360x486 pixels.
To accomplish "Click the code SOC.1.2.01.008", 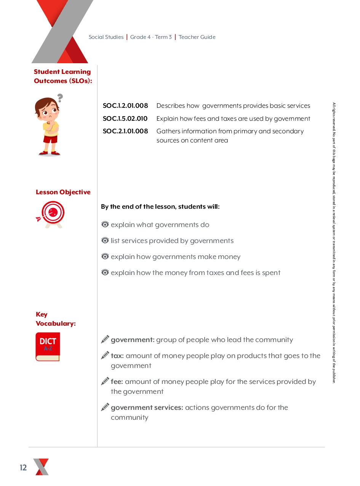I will [125, 106].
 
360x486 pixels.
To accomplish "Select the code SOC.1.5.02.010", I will [125, 119].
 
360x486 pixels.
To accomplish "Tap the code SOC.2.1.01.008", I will [125, 131].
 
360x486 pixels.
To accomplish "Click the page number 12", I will [24, 468].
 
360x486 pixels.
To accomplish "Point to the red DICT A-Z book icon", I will [48, 347].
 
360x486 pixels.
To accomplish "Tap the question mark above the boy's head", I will [60, 98].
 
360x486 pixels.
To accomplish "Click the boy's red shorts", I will [50, 139].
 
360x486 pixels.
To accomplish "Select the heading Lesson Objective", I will [63, 192].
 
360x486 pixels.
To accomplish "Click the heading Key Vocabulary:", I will [56, 319].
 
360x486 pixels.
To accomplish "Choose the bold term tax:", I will [117, 356].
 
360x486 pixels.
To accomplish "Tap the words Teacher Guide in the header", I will [197, 37].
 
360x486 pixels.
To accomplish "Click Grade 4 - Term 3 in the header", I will [151, 37].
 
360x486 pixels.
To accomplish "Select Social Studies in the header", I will [106, 37].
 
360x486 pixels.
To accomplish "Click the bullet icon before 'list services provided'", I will [105, 241].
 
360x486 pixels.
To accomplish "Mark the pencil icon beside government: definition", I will [105, 339].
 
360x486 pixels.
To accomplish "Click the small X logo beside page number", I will [41, 467].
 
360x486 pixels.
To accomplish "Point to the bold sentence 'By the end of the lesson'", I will [160, 207].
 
